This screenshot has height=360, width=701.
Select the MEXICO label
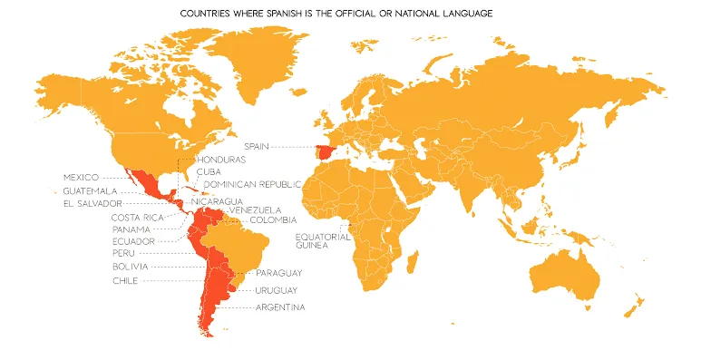point(81,176)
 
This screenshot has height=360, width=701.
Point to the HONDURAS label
point(221,160)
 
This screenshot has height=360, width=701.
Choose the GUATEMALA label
point(90,190)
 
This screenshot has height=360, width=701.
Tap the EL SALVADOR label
point(92,204)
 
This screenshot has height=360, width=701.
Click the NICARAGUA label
point(217,200)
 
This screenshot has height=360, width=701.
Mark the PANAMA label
point(131,229)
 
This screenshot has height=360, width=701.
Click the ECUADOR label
point(132,241)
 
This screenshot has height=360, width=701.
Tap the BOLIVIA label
point(131,267)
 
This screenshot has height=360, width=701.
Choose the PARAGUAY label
point(278,273)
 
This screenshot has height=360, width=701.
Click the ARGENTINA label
point(280,307)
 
